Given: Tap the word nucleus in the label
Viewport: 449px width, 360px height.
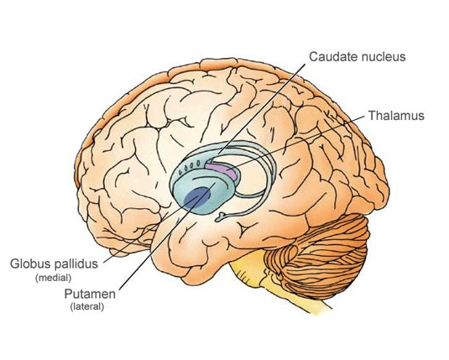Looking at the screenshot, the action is pos(381,56).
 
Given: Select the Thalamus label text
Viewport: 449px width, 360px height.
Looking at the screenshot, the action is pos(396,116).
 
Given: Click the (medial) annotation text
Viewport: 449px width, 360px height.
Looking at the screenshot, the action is pos(53,278).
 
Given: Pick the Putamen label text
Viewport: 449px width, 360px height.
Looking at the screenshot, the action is pos(90,295).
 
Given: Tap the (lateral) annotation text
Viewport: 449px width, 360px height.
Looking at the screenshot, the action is pos(87,307).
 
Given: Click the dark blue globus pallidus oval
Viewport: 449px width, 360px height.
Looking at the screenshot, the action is pos(197,197).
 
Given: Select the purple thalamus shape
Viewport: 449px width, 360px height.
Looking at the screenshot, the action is pos(222,170).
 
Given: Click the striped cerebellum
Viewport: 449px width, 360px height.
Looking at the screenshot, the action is pos(318,255).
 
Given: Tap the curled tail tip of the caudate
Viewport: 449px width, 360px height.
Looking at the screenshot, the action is pos(221,216).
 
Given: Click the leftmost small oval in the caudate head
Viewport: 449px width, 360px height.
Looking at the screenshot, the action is pos(180,172).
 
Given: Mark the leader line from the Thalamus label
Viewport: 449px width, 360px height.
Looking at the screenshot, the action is pos(296,143).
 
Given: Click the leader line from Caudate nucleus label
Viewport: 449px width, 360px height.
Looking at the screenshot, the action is pos(262,109).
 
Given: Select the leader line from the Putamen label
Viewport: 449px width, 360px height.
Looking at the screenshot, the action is pos(167,237).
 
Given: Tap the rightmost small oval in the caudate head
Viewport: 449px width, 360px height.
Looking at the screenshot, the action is pos(198,164).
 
